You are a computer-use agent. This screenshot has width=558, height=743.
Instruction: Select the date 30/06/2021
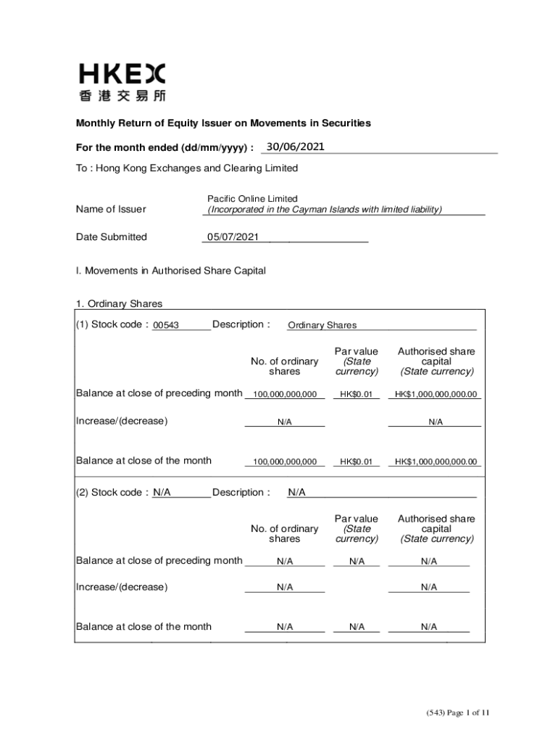tap(295, 147)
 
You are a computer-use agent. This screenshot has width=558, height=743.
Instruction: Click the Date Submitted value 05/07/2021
tap(233, 237)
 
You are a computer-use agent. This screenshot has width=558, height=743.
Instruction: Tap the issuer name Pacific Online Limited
tap(252, 199)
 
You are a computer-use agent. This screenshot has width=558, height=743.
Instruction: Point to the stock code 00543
tap(166, 325)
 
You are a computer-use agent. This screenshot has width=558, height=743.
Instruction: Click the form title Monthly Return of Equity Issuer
tap(224, 123)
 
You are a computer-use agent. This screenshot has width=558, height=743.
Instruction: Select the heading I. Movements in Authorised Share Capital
tap(171, 271)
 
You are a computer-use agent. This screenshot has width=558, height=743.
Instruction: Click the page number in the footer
tap(458, 713)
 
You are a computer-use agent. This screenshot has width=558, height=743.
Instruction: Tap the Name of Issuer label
tap(111, 209)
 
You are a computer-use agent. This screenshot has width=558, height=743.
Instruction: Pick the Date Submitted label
tap(112, 237)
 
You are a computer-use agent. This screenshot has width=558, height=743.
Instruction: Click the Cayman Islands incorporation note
tap(325, 210)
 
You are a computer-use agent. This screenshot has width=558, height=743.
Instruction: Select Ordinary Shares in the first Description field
tap(322, 325)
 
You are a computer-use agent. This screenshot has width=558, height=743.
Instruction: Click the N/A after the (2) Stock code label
tap(162, 492)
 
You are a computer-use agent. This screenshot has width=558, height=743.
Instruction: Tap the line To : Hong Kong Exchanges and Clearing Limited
tap(187, 168)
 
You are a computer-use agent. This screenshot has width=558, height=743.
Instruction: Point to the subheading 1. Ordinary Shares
tap(120, 304)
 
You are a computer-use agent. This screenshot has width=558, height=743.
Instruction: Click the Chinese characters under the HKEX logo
tap(122, 95)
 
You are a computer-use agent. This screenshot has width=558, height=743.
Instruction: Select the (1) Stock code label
tap(112, 324)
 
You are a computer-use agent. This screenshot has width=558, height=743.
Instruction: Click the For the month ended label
tap(165, 148)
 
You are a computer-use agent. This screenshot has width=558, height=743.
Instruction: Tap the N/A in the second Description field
tap(297, 493)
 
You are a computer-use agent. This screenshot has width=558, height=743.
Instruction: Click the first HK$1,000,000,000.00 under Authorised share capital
tap(436, 395)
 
